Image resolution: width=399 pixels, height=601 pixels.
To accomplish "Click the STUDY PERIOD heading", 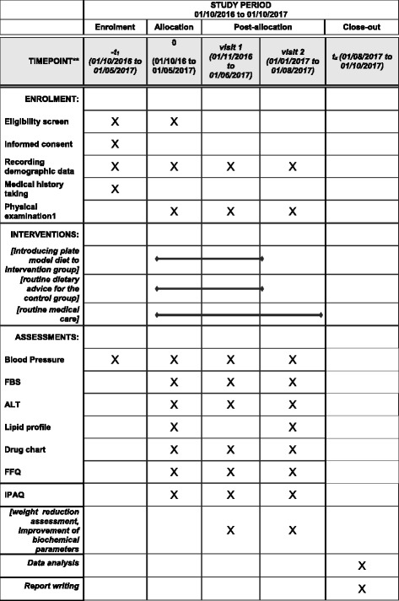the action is [x=241, y=8].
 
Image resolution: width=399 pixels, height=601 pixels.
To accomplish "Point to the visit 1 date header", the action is [x=230, y=62].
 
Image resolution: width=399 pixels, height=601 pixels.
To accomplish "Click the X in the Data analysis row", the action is [x=361, y=565].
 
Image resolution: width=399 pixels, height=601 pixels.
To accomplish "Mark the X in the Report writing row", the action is [x=361, y=588].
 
